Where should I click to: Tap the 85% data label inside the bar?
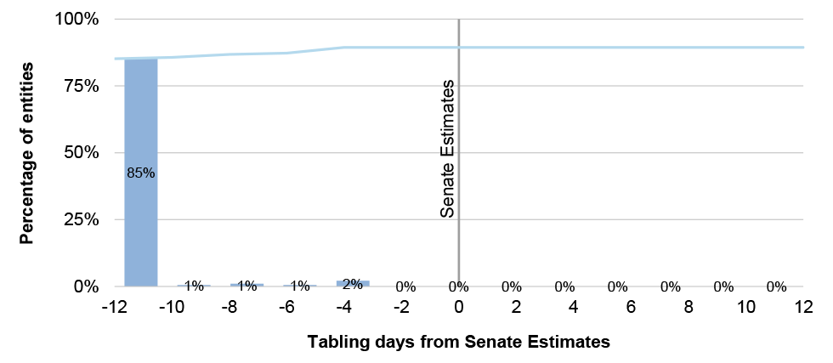pos(141,173)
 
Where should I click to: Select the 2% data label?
pos(353,285)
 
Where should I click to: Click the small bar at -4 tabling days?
pos(353,283)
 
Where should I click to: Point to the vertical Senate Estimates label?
pos(449,150)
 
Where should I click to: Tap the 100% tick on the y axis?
pos(77,20)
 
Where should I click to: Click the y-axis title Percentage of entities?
pos(28,153)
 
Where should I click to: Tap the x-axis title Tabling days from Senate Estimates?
pos(459,343)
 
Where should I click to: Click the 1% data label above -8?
pos(247,286)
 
